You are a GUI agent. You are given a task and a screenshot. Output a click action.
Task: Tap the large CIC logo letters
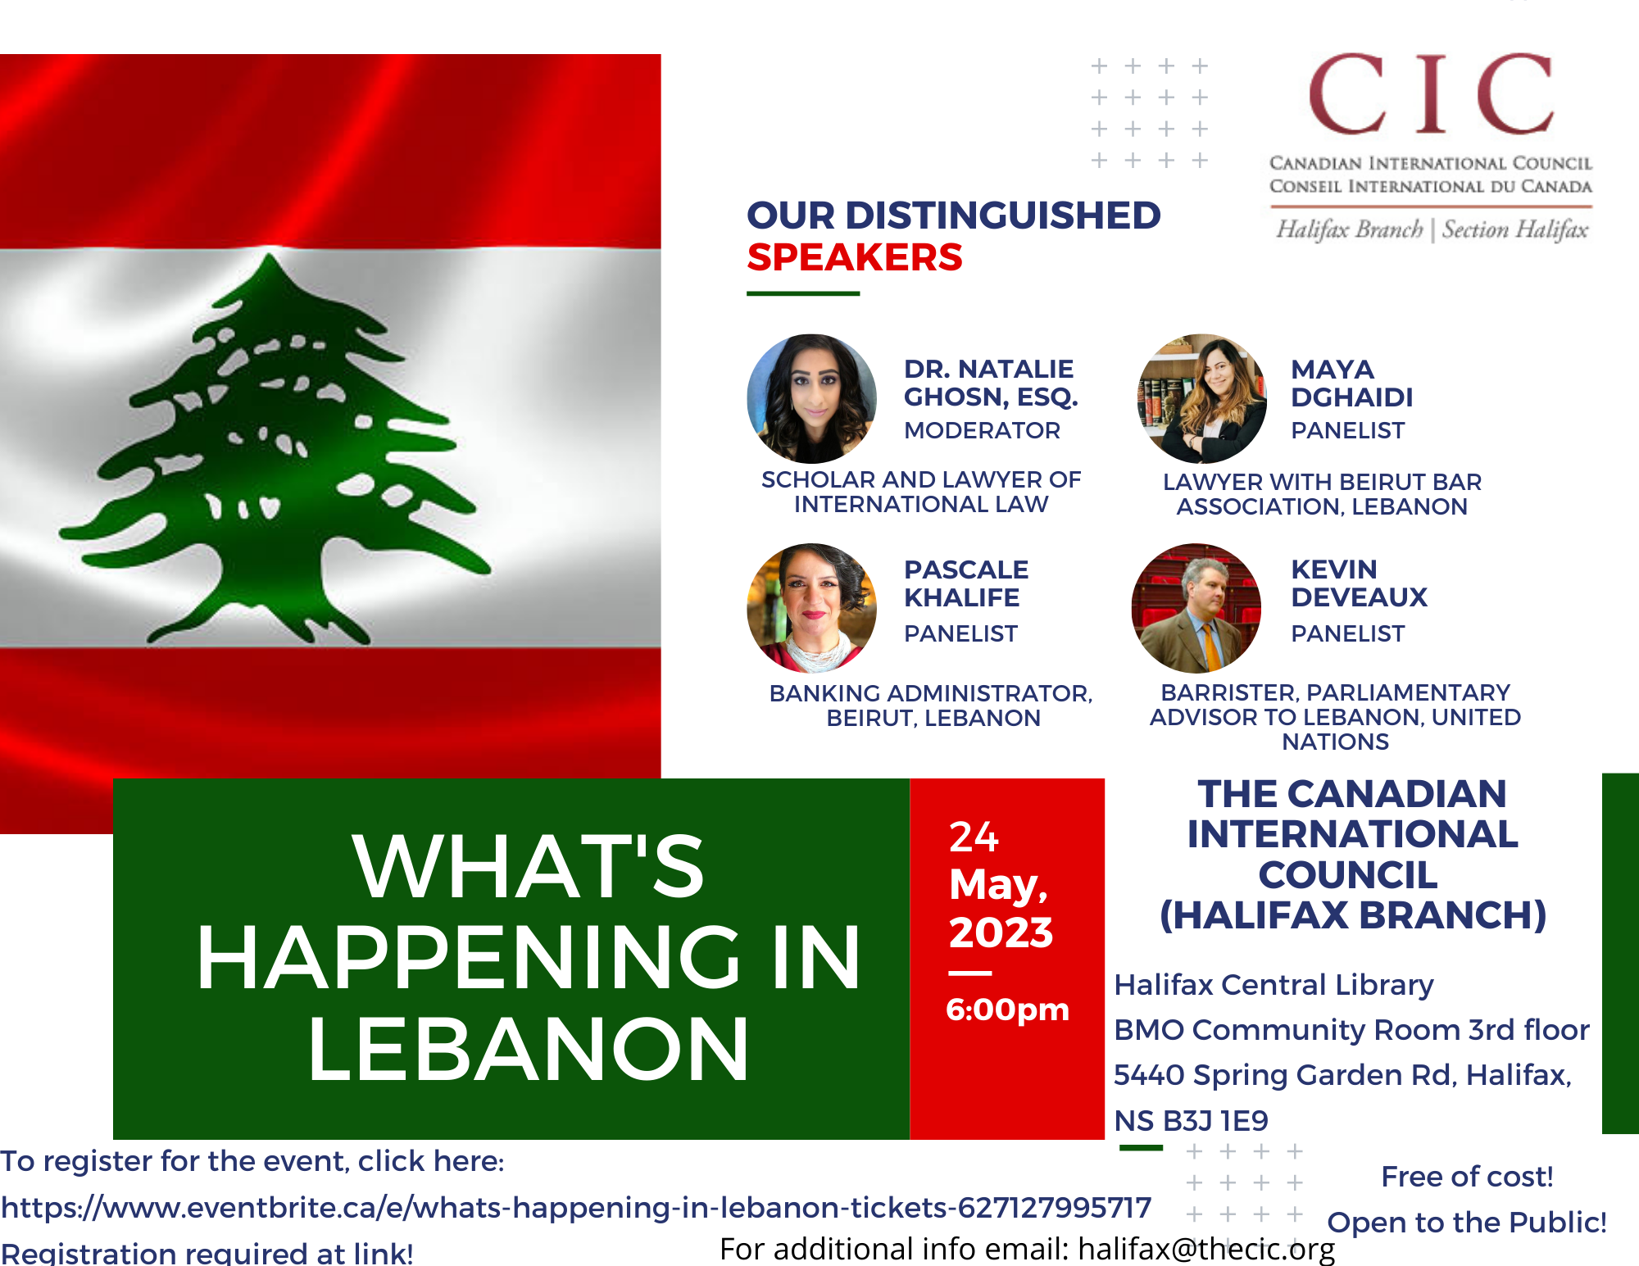pos(1431,94)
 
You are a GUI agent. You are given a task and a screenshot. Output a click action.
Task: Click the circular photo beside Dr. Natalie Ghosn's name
pos(812,399)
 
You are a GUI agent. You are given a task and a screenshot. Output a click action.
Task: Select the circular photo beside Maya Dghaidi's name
pos(1202,399)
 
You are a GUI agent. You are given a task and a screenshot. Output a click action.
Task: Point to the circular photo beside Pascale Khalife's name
pos(812,608)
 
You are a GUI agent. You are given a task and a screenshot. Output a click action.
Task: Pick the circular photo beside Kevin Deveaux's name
pos(1196,608)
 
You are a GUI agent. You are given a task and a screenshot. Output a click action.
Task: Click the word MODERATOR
pos(982,430)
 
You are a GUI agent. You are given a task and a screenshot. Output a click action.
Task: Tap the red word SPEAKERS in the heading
pos(855,257)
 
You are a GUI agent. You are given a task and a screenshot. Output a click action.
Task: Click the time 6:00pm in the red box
pos(1007,1010)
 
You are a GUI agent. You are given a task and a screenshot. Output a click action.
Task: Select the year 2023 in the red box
pos(1001,932)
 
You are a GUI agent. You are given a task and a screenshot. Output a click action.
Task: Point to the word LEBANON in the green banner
pos(529,1050)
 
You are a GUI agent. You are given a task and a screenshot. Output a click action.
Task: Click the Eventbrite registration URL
pos(576,1207)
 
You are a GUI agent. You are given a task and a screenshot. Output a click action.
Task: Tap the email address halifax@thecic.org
pos(1206,1249)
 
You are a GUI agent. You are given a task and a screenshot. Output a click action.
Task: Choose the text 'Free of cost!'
pos(1467,1177)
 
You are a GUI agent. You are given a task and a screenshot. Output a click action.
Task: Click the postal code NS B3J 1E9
pos(1191,1120)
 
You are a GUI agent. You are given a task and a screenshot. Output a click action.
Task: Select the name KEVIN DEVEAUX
pos(1359,583)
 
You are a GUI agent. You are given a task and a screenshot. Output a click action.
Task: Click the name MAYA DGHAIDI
pos(1351,383)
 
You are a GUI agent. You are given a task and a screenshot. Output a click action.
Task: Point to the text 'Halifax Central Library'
pos(1274,985)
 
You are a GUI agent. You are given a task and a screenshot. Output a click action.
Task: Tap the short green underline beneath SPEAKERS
pos(803,293)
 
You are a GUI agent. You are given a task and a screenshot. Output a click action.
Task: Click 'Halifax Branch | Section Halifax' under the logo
pos(1431,229)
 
